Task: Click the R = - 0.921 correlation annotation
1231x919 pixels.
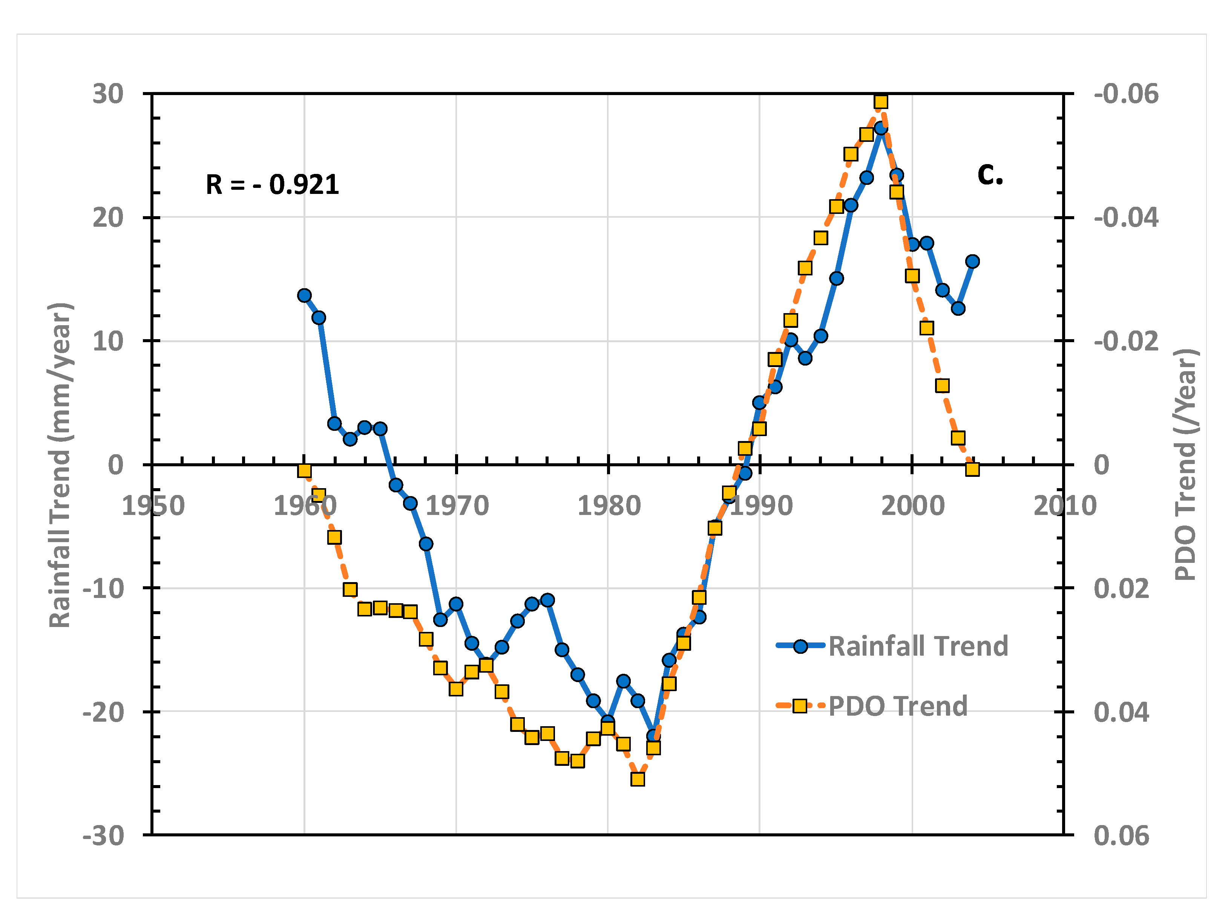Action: coord(272,185)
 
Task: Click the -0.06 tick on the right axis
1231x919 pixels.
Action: coord(1126,94)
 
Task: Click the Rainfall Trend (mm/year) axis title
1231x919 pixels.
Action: coord(60,465)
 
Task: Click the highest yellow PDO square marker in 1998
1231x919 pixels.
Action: coord(881,102)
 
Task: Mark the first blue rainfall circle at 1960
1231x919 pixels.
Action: coord(304,295)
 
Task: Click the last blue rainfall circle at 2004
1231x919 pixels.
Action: coord(972,261)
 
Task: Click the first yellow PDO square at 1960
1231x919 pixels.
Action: coord(304,470)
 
